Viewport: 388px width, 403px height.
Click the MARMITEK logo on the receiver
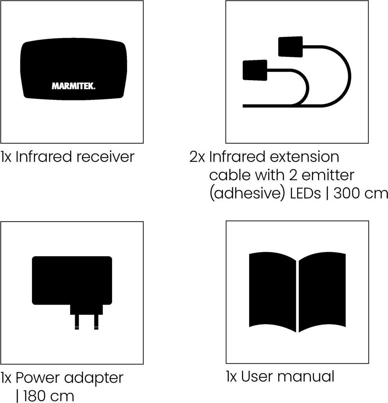point(74,86)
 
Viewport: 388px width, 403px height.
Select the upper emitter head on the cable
point(290,46)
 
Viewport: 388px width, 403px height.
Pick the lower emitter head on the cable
point(255,70)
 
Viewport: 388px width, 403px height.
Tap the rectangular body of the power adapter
point(72,280)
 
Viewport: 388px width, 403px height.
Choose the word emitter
point(328,175)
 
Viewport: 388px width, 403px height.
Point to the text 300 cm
point(360,193)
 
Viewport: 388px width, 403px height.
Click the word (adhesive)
point(247,194)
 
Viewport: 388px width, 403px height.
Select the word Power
point(38,378)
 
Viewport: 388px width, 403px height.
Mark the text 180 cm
point(48,396)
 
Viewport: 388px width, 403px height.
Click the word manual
point(306,377)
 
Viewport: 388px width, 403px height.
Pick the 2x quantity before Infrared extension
point(197,157)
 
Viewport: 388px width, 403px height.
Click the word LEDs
point(305,193)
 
